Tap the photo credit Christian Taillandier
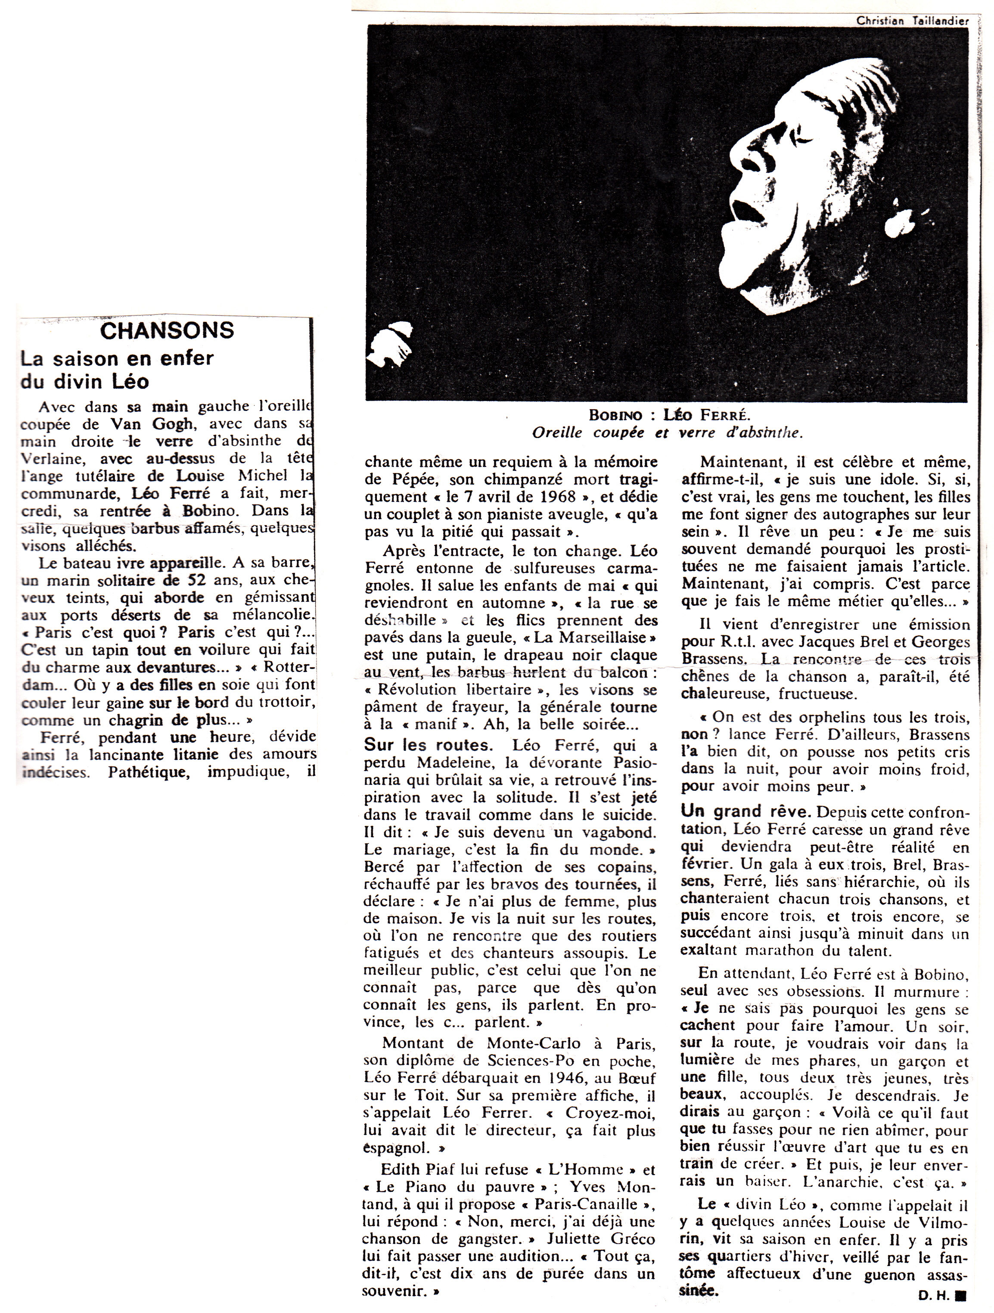pos(912,20)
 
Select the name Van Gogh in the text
pos(157,424)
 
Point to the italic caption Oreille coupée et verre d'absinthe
pos(667,433)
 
